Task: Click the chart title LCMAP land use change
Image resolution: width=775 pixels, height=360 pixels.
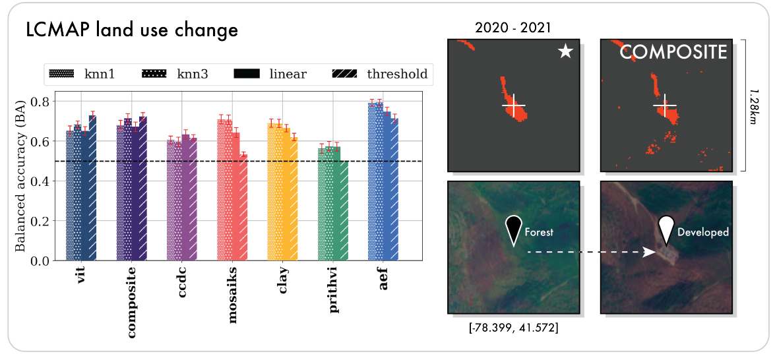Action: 132,30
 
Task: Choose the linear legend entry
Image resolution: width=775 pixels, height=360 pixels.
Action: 270,74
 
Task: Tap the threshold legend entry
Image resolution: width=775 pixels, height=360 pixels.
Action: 378,74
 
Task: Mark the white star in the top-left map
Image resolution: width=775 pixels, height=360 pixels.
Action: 565,52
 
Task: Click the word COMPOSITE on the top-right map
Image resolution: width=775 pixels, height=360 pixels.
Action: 673,52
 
